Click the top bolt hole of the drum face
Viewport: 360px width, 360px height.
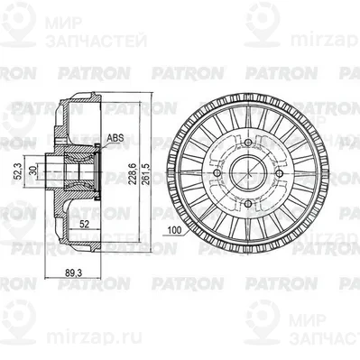click(245, 141)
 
